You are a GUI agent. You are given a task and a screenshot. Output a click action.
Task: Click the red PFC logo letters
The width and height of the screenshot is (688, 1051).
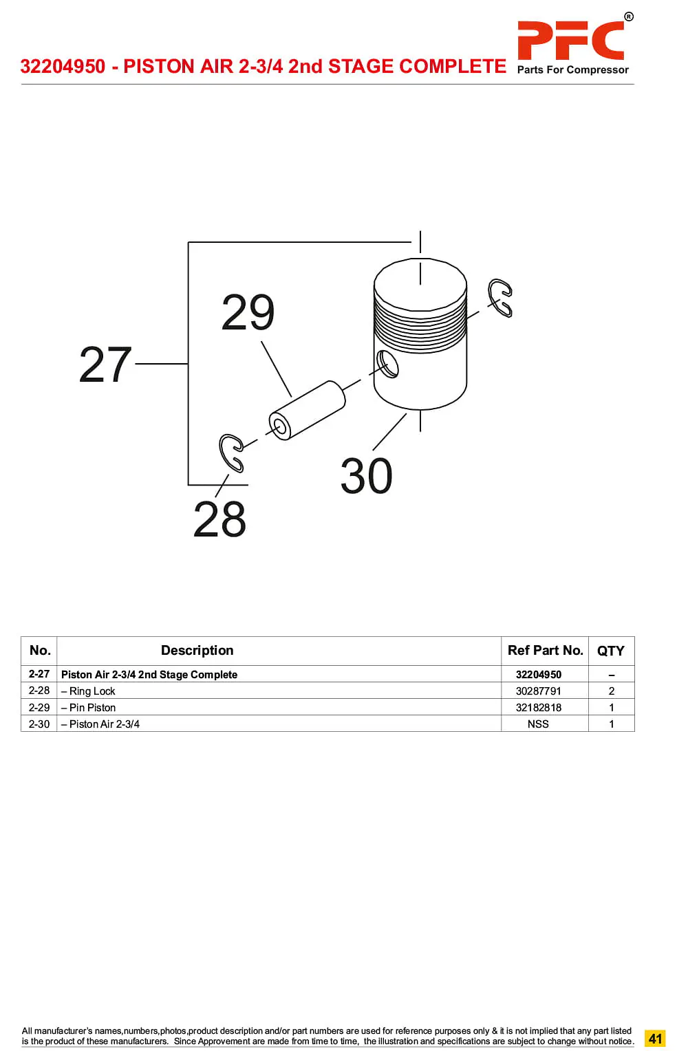(570, 40)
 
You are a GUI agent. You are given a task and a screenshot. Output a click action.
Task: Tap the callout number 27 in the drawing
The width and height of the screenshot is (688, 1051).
(105, 364)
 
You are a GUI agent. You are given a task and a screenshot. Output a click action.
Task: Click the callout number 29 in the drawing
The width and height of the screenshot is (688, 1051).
(248, 312)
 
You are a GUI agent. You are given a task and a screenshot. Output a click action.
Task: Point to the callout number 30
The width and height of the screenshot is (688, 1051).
(366, 476)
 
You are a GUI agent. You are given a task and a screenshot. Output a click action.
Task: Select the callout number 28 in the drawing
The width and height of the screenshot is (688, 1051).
(219, 519)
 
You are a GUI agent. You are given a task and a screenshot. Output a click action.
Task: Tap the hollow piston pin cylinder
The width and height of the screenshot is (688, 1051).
(308, 410)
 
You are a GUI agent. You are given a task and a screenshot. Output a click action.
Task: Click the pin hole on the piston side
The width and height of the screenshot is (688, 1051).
(387, 364)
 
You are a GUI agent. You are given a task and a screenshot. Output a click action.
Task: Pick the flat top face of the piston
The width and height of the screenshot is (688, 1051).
(420, 284)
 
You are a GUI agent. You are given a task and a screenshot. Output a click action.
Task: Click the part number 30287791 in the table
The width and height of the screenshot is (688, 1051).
(538, 691)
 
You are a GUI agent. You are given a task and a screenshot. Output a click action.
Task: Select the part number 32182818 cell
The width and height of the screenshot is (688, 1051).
(538, 707)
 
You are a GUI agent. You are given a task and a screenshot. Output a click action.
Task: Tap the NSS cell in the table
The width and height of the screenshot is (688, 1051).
(538, 724)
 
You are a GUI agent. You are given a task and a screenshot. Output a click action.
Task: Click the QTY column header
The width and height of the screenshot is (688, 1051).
(610, 651)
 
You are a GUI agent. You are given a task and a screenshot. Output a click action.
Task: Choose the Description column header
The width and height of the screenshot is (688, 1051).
(197, 650)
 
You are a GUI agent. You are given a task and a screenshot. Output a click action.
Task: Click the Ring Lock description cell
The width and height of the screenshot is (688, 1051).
(88, 691)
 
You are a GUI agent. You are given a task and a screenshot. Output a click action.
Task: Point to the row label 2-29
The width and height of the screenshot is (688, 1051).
(39, 707)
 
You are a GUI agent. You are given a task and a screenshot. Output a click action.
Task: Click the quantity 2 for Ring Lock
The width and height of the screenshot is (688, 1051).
(612, 691)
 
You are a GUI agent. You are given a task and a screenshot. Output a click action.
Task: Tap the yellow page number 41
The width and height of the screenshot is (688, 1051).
(655, 1038)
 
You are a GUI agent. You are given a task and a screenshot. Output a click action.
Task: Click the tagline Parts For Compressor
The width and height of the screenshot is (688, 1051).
(572, 69)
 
